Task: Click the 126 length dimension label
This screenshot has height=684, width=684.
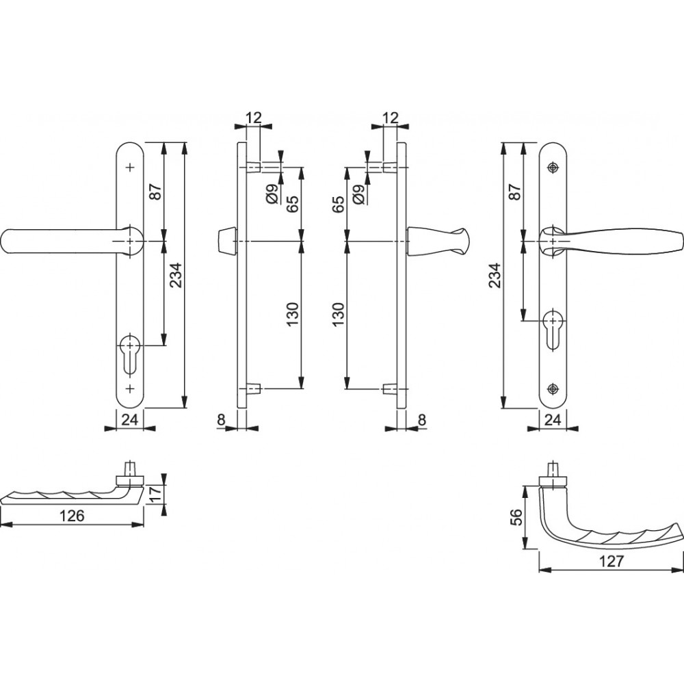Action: [72, 516]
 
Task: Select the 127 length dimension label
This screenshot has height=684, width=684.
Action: [611, 561]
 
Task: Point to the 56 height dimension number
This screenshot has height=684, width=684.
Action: [516, 517]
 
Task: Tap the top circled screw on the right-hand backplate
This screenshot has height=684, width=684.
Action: [553, 168]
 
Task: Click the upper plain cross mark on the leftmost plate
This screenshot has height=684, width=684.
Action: [130, 168]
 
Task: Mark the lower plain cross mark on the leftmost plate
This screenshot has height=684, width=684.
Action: [130, 388]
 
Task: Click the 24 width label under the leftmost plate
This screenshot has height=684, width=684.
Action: [130, 420]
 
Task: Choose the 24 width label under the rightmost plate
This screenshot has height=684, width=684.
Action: [553, 420]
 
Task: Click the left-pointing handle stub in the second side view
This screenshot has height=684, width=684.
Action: [226, 241]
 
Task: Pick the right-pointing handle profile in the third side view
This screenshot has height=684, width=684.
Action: [437, 241]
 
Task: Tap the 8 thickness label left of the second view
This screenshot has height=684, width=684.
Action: [221, 420]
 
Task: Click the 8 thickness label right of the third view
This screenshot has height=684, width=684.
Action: [421, 420]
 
